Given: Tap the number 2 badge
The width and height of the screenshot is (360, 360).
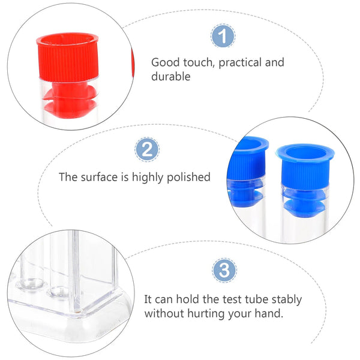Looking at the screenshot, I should (x=147, y=149).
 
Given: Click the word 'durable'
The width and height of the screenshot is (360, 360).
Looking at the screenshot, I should (x=170, y=77).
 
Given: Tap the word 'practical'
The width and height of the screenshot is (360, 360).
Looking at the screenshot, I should (x=229, y=62).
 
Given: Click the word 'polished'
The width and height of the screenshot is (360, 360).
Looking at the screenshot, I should (x=190, y=177).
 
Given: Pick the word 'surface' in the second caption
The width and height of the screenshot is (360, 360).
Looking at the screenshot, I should (x=97, y=177).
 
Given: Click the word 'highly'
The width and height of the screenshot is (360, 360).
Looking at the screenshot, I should (x=146, y=177).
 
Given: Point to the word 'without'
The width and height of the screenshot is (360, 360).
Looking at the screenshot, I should (x=163, y=313).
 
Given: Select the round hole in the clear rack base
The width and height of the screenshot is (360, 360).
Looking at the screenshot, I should (x=59, y=293).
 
